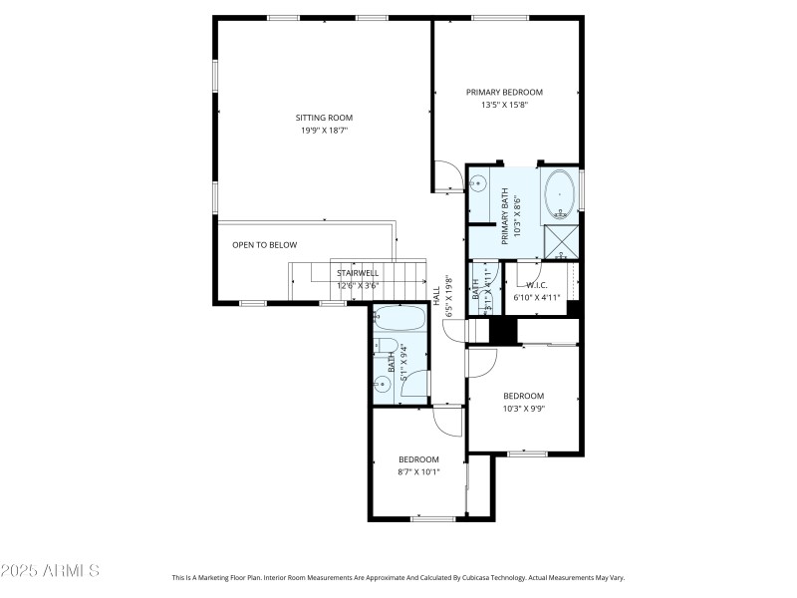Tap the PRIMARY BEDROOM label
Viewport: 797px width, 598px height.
504,92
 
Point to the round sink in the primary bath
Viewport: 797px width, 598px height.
477,182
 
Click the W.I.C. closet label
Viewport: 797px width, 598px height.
537,285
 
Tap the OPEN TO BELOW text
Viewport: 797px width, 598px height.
264,244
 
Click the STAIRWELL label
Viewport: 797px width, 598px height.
357,273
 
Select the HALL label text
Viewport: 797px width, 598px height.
436,295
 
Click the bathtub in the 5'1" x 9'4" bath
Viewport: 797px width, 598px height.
399,320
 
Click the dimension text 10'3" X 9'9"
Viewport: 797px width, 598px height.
523,408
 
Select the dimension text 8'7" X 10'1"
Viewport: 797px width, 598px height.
418,471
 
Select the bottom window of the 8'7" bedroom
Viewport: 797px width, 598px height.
432,518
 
